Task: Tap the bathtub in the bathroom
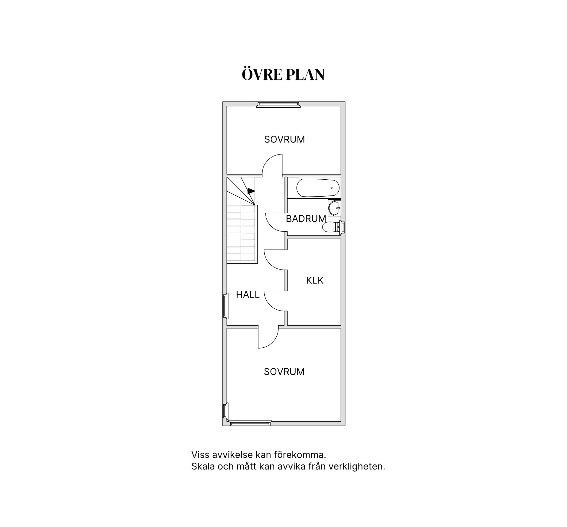pos(318,188)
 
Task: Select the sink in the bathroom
pos(335,208)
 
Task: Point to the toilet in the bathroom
pos(332,227)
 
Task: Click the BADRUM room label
pos(306,219)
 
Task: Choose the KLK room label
pos(315,280)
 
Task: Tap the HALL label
pos(247,294)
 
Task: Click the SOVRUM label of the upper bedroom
pos(284,139)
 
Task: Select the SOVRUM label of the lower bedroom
pos(284,372)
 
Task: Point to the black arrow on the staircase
pos(251,191)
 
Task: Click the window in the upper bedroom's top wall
pos(278,104)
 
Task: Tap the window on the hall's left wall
pos(226,306)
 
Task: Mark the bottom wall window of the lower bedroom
pos(250,423)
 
